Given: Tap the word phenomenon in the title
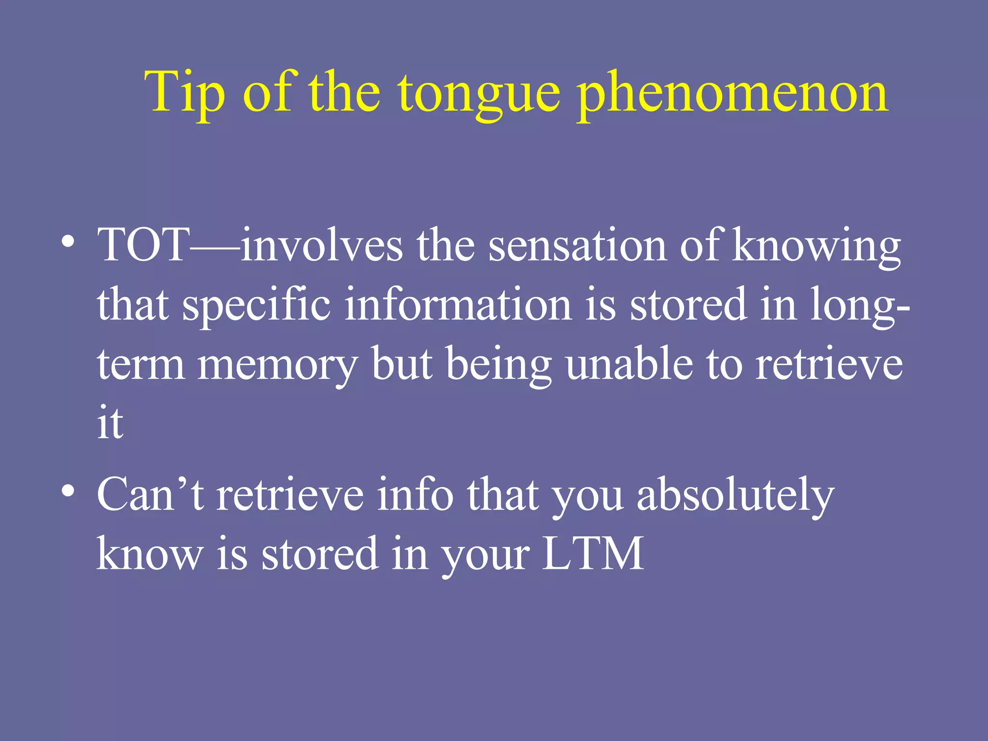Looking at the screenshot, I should (x=732, y=94).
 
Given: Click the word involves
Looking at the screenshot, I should (x=322, y=245).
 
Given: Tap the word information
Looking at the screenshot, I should (x=458, y=304).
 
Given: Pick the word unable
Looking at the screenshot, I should (x=629, y=364).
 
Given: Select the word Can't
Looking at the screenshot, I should (x=150, y=494).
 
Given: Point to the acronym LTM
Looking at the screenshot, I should (x=593, y=553).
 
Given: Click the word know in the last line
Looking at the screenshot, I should (x=150, y=553).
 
